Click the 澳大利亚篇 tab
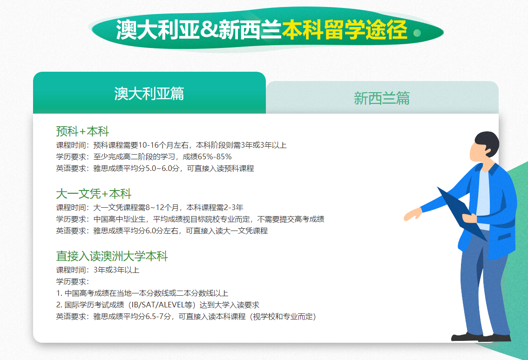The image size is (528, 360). [149, 94]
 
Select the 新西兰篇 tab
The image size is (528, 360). [382, 98]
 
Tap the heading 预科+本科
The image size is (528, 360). [82, 131]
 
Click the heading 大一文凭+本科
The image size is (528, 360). [94, 194]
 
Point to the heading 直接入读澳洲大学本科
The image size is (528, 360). [112, 256]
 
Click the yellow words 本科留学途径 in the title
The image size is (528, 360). [345, 31]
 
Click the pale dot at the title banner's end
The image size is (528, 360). [418, 33]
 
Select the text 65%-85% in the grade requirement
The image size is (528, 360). [215, 157]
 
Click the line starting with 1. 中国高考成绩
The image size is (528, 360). [142, 293]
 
